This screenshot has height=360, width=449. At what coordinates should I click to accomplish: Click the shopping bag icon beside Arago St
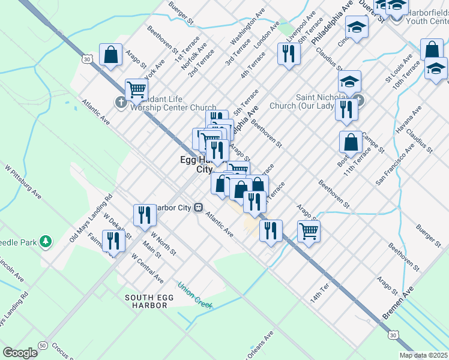(111, 55)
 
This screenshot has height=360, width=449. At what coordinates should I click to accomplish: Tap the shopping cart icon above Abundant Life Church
(137, 91)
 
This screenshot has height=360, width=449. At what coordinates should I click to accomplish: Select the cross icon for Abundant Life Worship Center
(121, 101)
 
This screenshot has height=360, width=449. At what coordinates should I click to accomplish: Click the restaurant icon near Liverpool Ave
(289, 54)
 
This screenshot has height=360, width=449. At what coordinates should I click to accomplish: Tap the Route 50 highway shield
(43, 346)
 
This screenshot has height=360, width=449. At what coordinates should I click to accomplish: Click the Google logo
(20, 352)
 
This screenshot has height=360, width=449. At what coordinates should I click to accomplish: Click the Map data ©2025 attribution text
(423, 355)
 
